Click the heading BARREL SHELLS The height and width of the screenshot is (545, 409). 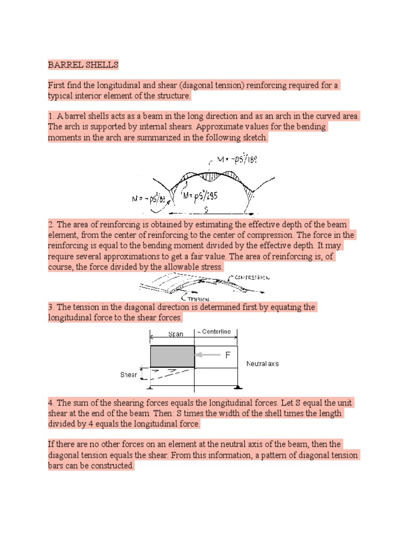pos(83,65)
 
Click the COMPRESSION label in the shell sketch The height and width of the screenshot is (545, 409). pos(251,278)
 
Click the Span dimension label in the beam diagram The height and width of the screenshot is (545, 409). pos(175,334)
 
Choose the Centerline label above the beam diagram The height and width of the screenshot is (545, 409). pos(214,332)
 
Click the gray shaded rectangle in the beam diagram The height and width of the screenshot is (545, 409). pos(172,356)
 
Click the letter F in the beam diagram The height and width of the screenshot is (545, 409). pos(227,356)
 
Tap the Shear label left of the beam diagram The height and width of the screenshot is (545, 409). pos(128,375)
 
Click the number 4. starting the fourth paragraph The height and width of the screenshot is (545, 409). pos(51,403)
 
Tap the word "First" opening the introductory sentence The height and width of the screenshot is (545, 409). pos(57,86)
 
